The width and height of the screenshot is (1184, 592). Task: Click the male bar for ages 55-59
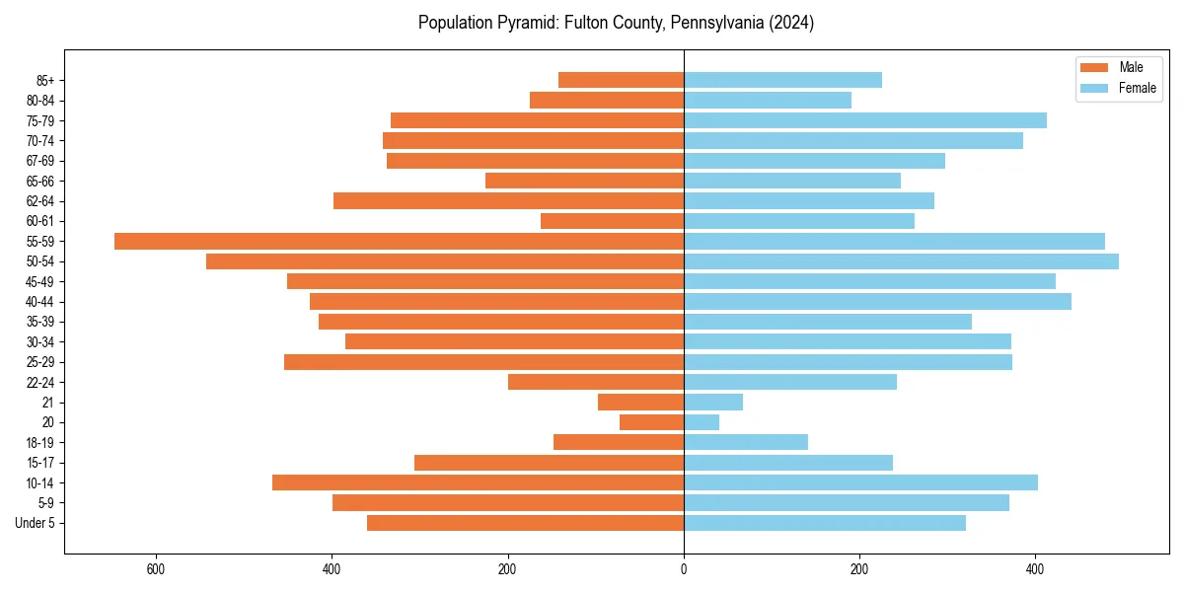(x=399, y=241)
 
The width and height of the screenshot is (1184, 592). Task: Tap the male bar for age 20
(x=651, y=422)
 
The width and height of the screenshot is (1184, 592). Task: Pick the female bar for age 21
(x=713, y=402)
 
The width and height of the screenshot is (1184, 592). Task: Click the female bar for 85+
(x=782, y=80)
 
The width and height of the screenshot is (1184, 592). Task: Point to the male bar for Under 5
(x=525, y=523)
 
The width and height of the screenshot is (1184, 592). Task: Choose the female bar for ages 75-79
(x=865, y=120)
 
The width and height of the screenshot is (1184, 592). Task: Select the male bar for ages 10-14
(x=478, y=482)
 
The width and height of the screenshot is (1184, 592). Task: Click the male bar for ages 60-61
(x=612, y=221)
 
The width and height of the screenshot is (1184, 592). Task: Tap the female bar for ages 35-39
(x=828, y=322)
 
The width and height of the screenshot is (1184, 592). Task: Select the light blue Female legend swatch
(x=1095, y=88)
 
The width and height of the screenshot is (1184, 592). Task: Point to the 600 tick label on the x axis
(x=155, y=570)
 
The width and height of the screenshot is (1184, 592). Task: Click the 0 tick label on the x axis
(x=684, y=570)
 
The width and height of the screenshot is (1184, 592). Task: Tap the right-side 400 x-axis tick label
(x=1035, y=570)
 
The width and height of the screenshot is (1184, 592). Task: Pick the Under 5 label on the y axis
(x=35, y=523)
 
